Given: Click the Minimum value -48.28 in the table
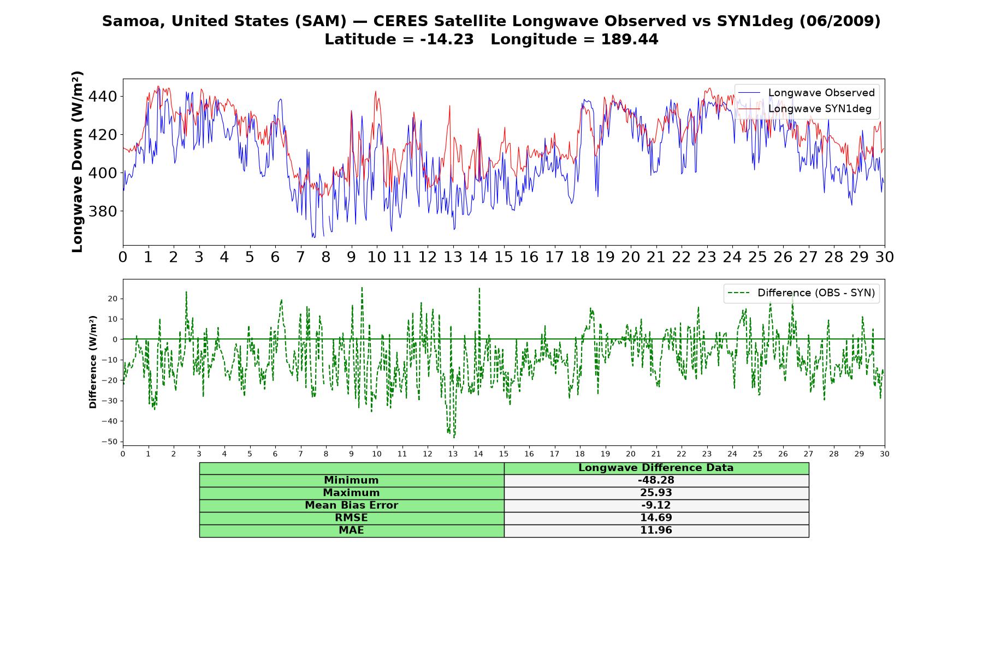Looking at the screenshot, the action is pos(656,480).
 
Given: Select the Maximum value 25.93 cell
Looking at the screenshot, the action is pos(656,493).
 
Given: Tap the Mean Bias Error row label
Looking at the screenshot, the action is pos(351,505).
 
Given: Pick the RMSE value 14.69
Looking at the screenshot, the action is pos(656,518).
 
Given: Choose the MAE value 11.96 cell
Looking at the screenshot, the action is pos(656,531).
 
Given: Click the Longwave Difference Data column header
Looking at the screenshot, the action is pos(656,468).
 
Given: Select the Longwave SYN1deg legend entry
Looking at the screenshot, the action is pos(806,109).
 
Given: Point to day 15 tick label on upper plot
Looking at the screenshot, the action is pos(504,257).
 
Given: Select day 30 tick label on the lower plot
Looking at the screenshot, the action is pos(885,454).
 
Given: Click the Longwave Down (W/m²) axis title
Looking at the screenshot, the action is pos(78,162).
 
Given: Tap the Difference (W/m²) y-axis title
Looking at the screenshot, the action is pos(93,362).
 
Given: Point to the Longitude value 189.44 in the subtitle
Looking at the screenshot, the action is pos(630,40).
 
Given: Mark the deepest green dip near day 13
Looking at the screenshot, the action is pos(454,437).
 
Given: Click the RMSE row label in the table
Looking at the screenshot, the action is pos(351,518).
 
